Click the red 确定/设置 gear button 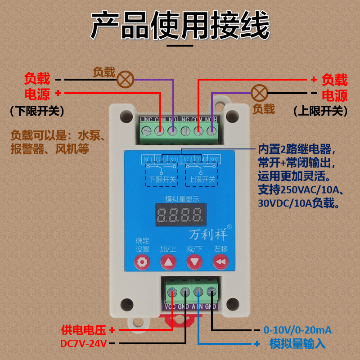143,261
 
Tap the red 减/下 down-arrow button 194,261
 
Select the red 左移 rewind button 220,261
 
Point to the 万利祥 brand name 208,234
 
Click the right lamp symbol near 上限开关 259,93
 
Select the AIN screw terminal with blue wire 198,292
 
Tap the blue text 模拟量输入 297,344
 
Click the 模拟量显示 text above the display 179,198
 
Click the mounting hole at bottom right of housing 232,304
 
